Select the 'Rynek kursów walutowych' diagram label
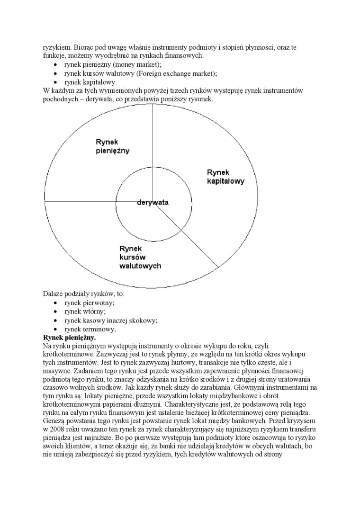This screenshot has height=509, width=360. click(x=140, y=257)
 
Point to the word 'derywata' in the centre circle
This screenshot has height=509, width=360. click(x=153, y=202)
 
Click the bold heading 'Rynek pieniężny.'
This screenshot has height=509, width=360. click(x=69, y=338)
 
